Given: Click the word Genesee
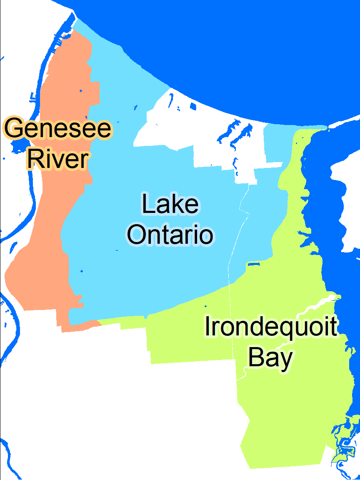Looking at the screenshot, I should tap(58, 128).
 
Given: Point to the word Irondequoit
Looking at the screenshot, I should tap(270, 326).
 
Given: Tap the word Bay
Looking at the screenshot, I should tap(270, 357).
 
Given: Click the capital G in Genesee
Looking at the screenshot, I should tap(15, 128).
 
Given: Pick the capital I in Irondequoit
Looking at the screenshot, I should tap(207, 326).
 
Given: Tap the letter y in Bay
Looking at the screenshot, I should tap(285, 359).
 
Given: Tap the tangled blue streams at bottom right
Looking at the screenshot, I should tap(344, 444).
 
